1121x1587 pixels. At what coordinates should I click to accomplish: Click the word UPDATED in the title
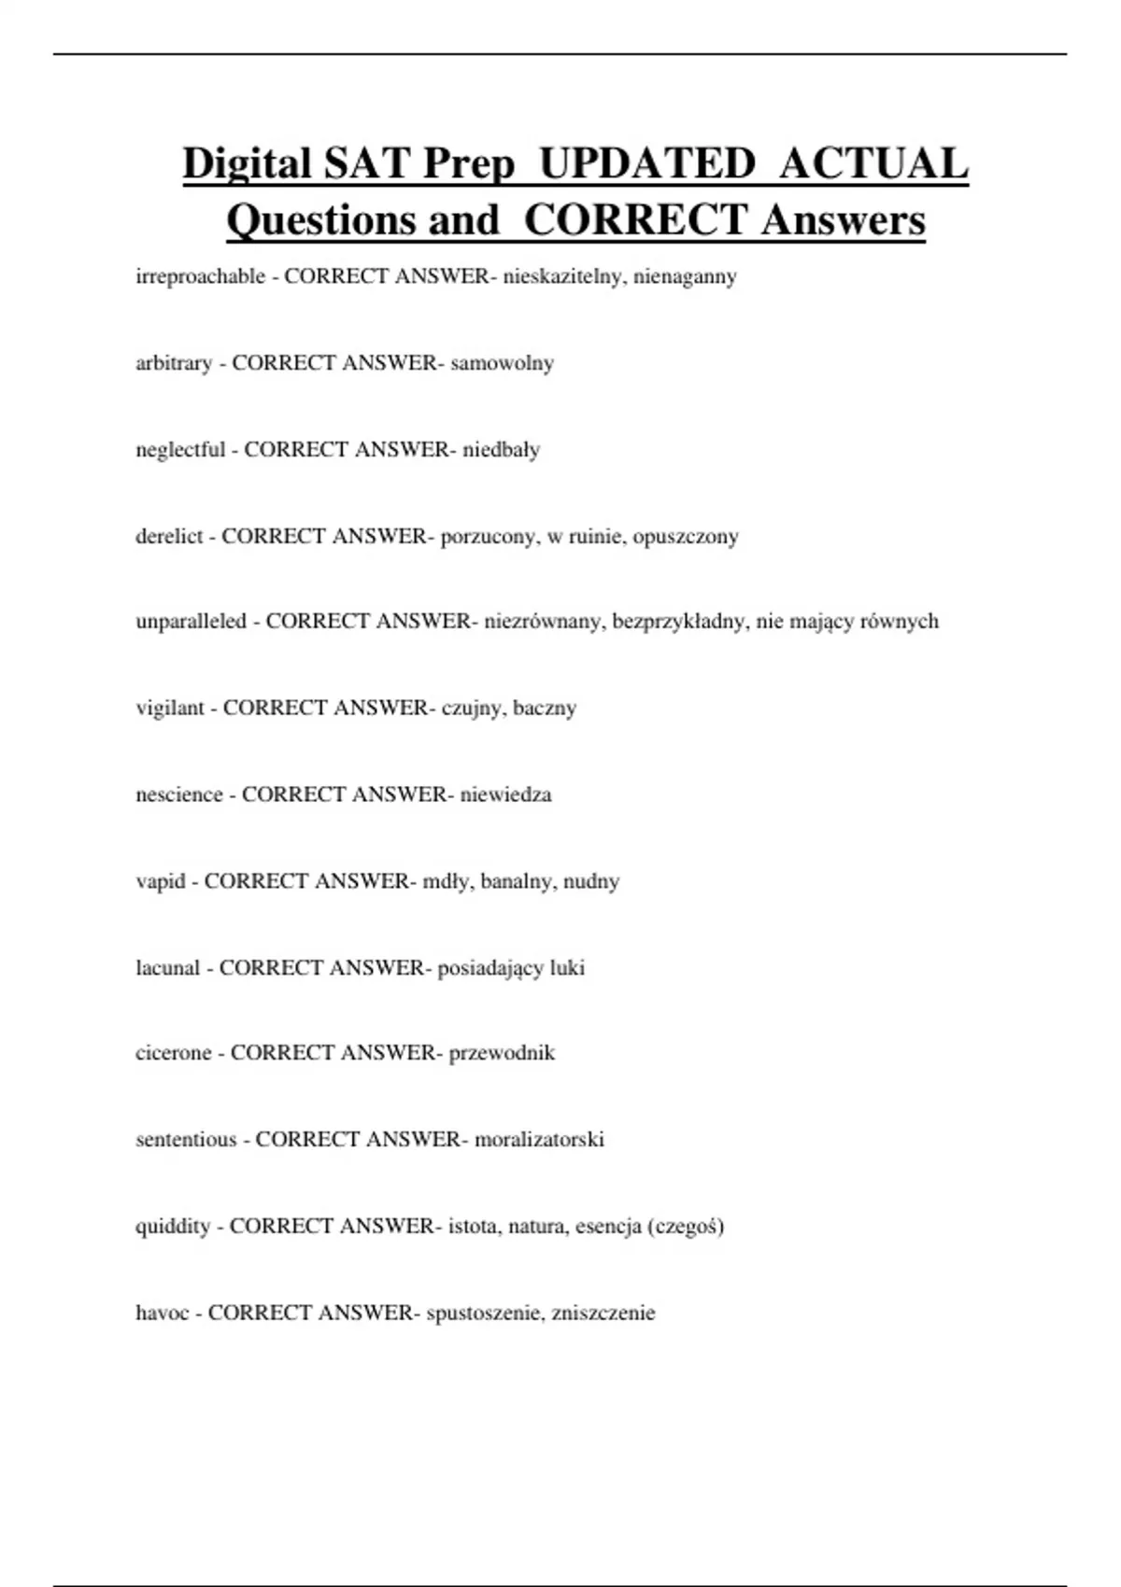pyautogui.click(x=647, y=164)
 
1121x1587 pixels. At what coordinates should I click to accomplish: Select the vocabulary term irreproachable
pyautogui.click(x=200, y=276)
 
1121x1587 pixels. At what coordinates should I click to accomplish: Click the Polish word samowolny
pyautogui.click(x=503, y=363)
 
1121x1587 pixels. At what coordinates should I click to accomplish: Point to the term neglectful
pyautogui.click(x=180, y=450)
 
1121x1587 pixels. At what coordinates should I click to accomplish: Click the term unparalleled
pyautogui.click(x=191, y=622)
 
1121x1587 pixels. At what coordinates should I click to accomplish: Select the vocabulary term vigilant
pyautogui.click(x=169, y=709)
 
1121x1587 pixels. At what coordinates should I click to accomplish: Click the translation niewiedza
pyautogui.click(x=505, y=795)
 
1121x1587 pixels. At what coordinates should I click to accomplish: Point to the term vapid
pyautogui.click(x=160, y=882)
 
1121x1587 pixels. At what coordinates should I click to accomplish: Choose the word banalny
pyautogui.click(x=517, y=882)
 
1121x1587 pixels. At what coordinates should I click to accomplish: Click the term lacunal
pyautogui.click(x=167, y=968)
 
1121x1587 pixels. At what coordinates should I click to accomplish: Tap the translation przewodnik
pyautogui.click(x=502, y=1053)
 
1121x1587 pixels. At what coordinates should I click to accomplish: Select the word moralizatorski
pyautogui.click(x=539, y=1140)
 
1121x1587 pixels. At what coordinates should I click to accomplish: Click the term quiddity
pyautogui.click(x=173, y=1227)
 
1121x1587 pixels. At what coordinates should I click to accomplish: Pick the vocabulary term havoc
pyautogui.click(x=163, y=1313)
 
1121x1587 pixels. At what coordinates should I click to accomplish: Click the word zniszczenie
pyautogui.click(x=603, y=1313)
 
